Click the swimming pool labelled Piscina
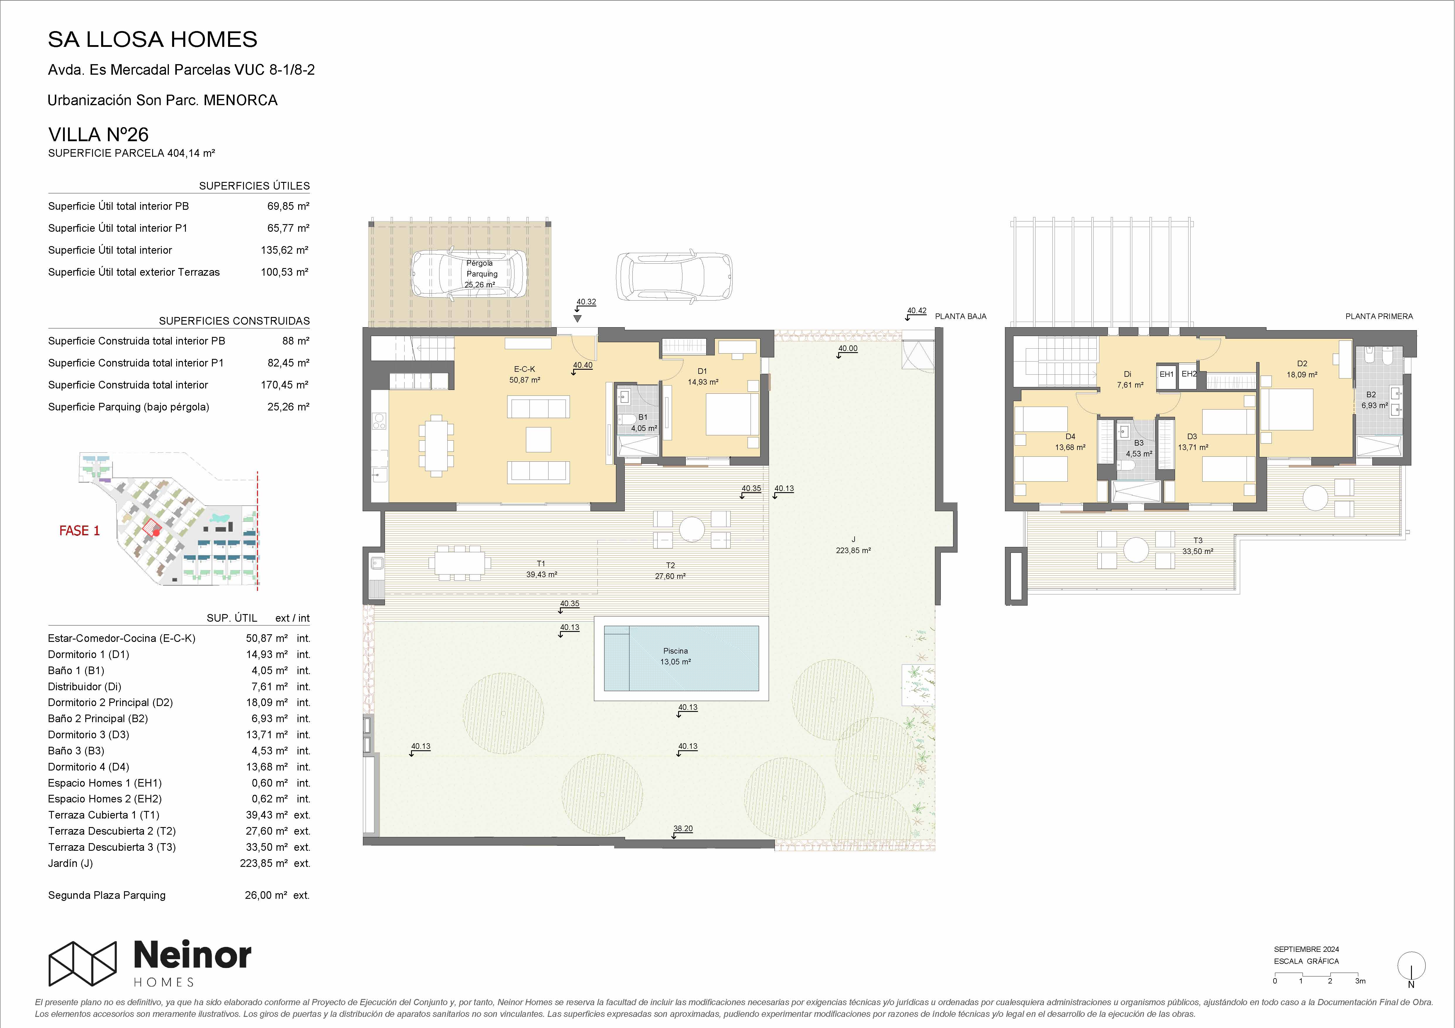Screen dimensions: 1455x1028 tap(681, 658)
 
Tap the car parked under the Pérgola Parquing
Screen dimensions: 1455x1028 tap(469, 274)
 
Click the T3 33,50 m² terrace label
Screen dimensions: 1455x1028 tap(1198, 546)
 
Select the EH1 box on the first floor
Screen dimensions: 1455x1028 tap(1167, 374)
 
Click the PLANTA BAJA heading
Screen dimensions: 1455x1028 tap(961, 316)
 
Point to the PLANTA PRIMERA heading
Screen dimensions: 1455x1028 tap(1379, 316)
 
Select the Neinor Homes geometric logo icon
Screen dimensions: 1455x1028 tap(83, 963)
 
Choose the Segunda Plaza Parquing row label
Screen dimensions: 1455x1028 tap(106, 895)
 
